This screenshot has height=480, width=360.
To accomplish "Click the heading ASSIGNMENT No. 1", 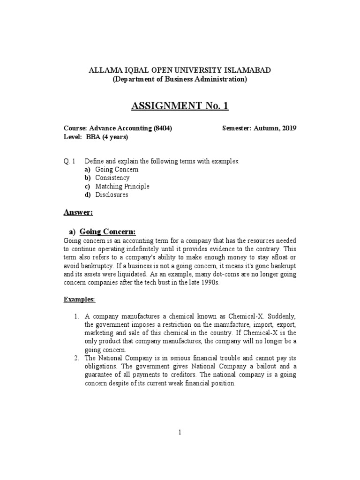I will click(180, 106).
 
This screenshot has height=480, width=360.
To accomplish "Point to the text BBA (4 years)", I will click(106, 137).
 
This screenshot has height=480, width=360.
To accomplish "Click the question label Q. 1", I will click(69, 161).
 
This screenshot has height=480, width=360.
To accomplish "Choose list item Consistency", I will click(112, 178).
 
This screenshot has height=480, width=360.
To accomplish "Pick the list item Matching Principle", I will click(122, 187).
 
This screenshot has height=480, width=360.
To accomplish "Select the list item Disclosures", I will click(112, 195).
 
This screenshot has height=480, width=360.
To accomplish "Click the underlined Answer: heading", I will click(78, 213).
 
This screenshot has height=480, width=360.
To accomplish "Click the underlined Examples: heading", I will click(79, 299).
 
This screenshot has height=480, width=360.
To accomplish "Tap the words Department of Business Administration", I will click(180, 79).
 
